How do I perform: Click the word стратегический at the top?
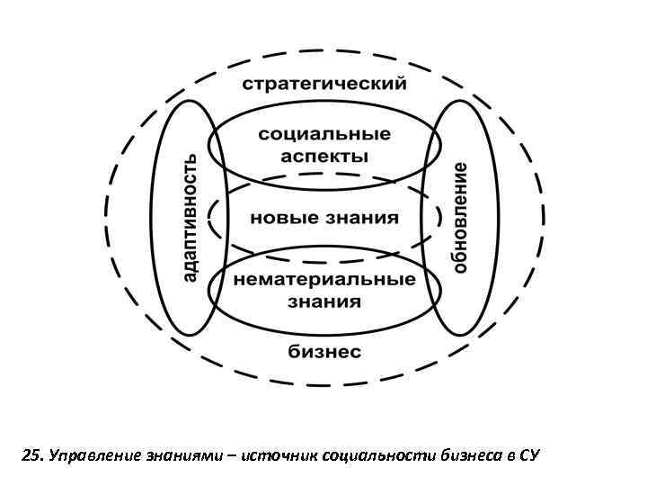pos(324,85)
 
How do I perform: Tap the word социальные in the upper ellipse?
pos(324,135)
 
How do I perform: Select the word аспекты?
pos(324,156)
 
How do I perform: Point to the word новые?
pos(279,218)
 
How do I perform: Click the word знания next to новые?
pos(362,218)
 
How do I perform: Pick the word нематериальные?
pos(324,279)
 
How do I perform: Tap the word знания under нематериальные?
pos(324,301)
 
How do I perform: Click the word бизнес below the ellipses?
pos(324,351)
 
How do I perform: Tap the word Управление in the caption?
pos(90,456)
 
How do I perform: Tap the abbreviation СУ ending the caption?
pos(527,456)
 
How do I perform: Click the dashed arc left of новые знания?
pos(212,219)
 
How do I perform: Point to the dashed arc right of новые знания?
pos(438,219)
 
